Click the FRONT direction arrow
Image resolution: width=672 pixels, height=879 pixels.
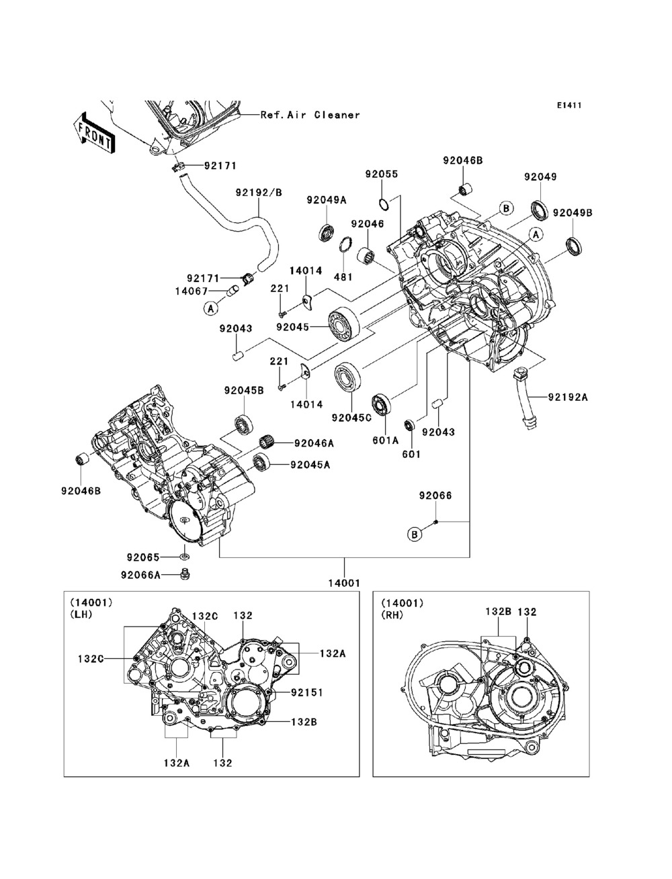93,133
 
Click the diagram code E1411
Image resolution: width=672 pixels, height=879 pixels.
569,105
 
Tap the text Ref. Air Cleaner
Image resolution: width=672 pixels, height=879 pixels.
310,115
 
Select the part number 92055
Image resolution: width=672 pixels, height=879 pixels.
381,174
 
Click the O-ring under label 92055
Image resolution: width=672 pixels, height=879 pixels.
384,204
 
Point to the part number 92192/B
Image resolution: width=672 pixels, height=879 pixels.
259,193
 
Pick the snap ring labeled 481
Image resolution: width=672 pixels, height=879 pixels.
346,244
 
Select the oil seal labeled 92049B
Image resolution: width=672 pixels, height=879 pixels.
574,246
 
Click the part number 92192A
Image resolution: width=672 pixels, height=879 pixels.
568,397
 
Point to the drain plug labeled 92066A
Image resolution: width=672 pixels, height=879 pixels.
185,574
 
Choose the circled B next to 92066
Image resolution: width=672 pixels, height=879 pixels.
415,535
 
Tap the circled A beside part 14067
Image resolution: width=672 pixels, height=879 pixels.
211,308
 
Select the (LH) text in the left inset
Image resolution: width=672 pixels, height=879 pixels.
81,614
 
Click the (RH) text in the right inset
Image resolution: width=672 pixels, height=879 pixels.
392,615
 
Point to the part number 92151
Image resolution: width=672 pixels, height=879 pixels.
306,692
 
